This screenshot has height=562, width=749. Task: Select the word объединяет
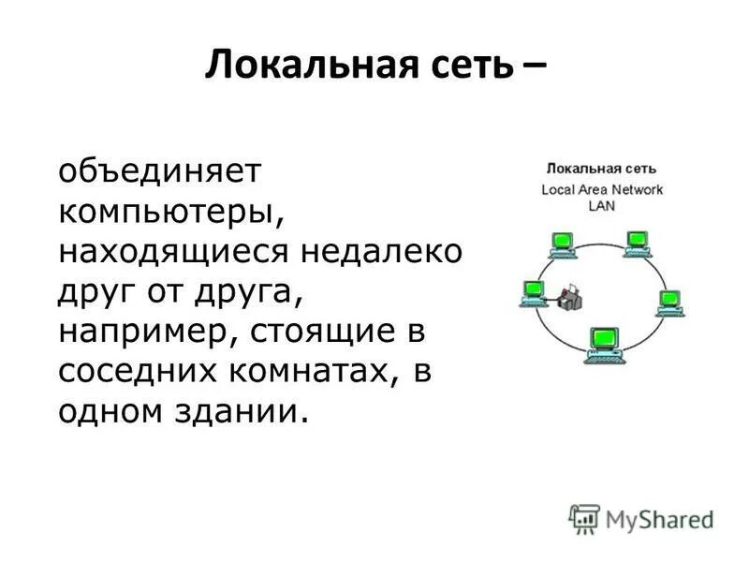(162, 171)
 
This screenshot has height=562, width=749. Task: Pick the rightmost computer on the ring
(668, 302)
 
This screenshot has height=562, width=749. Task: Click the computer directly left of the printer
(534, 291)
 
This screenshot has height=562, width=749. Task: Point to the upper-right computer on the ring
(638, 242)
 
